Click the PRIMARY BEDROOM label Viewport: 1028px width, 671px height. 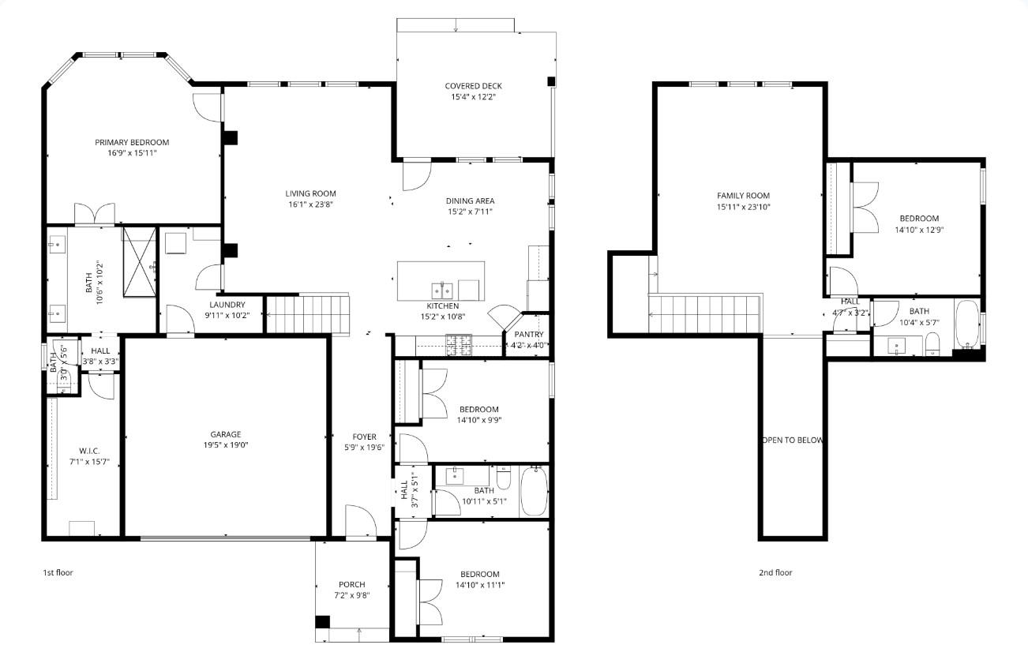point(132,142)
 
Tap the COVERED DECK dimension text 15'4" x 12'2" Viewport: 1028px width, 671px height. point(473,97)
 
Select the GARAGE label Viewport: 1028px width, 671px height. point(225,434)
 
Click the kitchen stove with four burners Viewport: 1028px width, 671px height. point(459,343)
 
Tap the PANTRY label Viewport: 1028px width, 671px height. point(528,334)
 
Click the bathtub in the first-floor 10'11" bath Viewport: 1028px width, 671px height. point(535,491)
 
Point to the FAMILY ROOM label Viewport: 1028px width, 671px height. point(742,196)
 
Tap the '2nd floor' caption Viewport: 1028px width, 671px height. point(775,573)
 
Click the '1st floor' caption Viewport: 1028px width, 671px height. point(58,572)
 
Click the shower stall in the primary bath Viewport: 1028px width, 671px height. point(140,263)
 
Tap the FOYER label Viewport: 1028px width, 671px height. point(364,437)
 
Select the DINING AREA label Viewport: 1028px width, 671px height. point(470,201)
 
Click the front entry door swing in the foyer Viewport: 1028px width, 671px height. point(359,523)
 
